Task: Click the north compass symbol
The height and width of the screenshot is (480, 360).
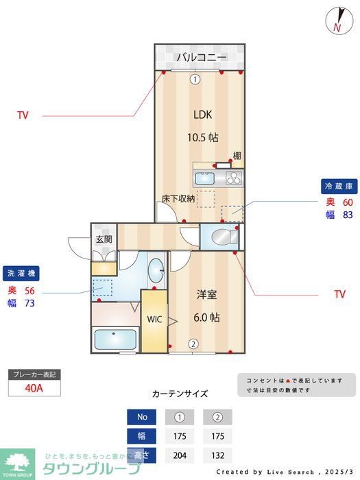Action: click(337, 21)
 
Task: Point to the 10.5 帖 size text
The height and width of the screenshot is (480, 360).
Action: click(203, 137)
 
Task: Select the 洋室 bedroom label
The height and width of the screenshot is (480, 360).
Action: click(206, 295)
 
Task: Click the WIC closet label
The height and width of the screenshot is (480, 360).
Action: click(154, 319)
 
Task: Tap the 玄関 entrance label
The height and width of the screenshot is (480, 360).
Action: click(104, 239)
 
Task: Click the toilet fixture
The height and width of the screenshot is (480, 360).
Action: click(222, 237)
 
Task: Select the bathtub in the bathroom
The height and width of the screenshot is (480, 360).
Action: click(115, 339)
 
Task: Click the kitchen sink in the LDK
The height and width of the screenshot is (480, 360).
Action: click(205, 179)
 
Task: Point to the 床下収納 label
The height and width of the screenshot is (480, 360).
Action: click(178, 199)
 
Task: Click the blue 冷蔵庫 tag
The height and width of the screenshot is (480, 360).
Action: click(339, 185)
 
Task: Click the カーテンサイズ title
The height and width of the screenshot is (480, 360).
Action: click(180, 394)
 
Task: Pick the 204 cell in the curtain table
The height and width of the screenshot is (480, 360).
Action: click(180, 454)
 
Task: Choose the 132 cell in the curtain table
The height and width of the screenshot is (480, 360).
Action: click(217, 454)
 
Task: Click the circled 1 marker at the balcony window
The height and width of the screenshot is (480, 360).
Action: click(195, 79)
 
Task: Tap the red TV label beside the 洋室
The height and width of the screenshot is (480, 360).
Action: click(339, 295)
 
